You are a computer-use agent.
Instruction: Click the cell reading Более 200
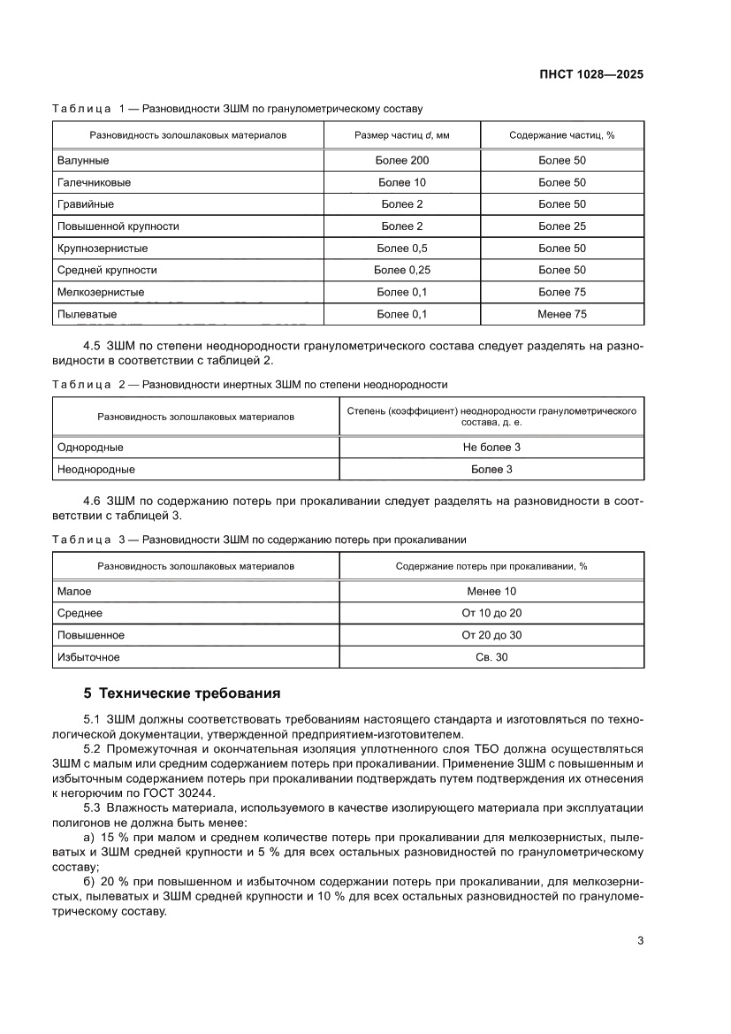pyautogui.click(x=402, y=161)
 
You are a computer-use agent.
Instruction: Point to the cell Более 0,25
pyautogui.click(x=402, y=270)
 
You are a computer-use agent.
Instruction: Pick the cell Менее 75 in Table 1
pyautogui.click(x=561, y=314)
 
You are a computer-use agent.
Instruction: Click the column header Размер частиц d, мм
pyautogui.click(x=402, y=135)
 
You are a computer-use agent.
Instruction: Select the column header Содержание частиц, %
pyautogui.click(x=561, y=135)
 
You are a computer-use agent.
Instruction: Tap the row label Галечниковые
pyautogui.click(x=94, y=183)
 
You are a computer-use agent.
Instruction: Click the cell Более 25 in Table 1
pyautogui.click(x=561, y=226)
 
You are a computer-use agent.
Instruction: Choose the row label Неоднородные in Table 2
pyautogui.click(x=95, y=470)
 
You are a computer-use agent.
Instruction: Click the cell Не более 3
pyautogui.click(x=491, y=448)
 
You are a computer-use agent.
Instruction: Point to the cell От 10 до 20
pyautogui.click(x=491, y=613)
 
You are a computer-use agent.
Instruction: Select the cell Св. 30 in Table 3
pyautogui.click(x=491, y=657)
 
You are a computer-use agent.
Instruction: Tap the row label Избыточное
pyautogui.click(x=88, y=657)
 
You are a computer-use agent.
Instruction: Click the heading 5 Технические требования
pyautogui.click(x=181, y=693)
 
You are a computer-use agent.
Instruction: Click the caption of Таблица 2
pyautogui.click(x=250, y=385)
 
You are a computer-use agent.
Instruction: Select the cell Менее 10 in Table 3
pyautogui.click(x=491, y=591)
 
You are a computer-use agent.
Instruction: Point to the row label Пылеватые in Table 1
pyautogui.click(x=87, y=314)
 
